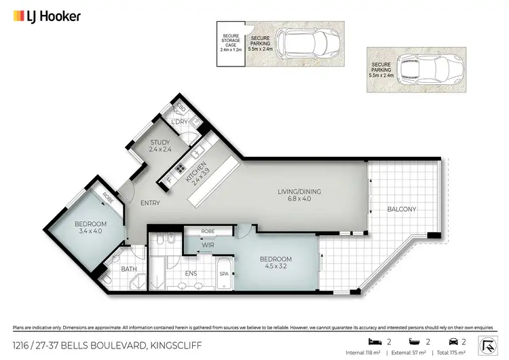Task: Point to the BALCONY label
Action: point(402,209)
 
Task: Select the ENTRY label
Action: point(150,203)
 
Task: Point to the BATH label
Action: point(128,269)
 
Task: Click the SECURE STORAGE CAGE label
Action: point(230,42)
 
